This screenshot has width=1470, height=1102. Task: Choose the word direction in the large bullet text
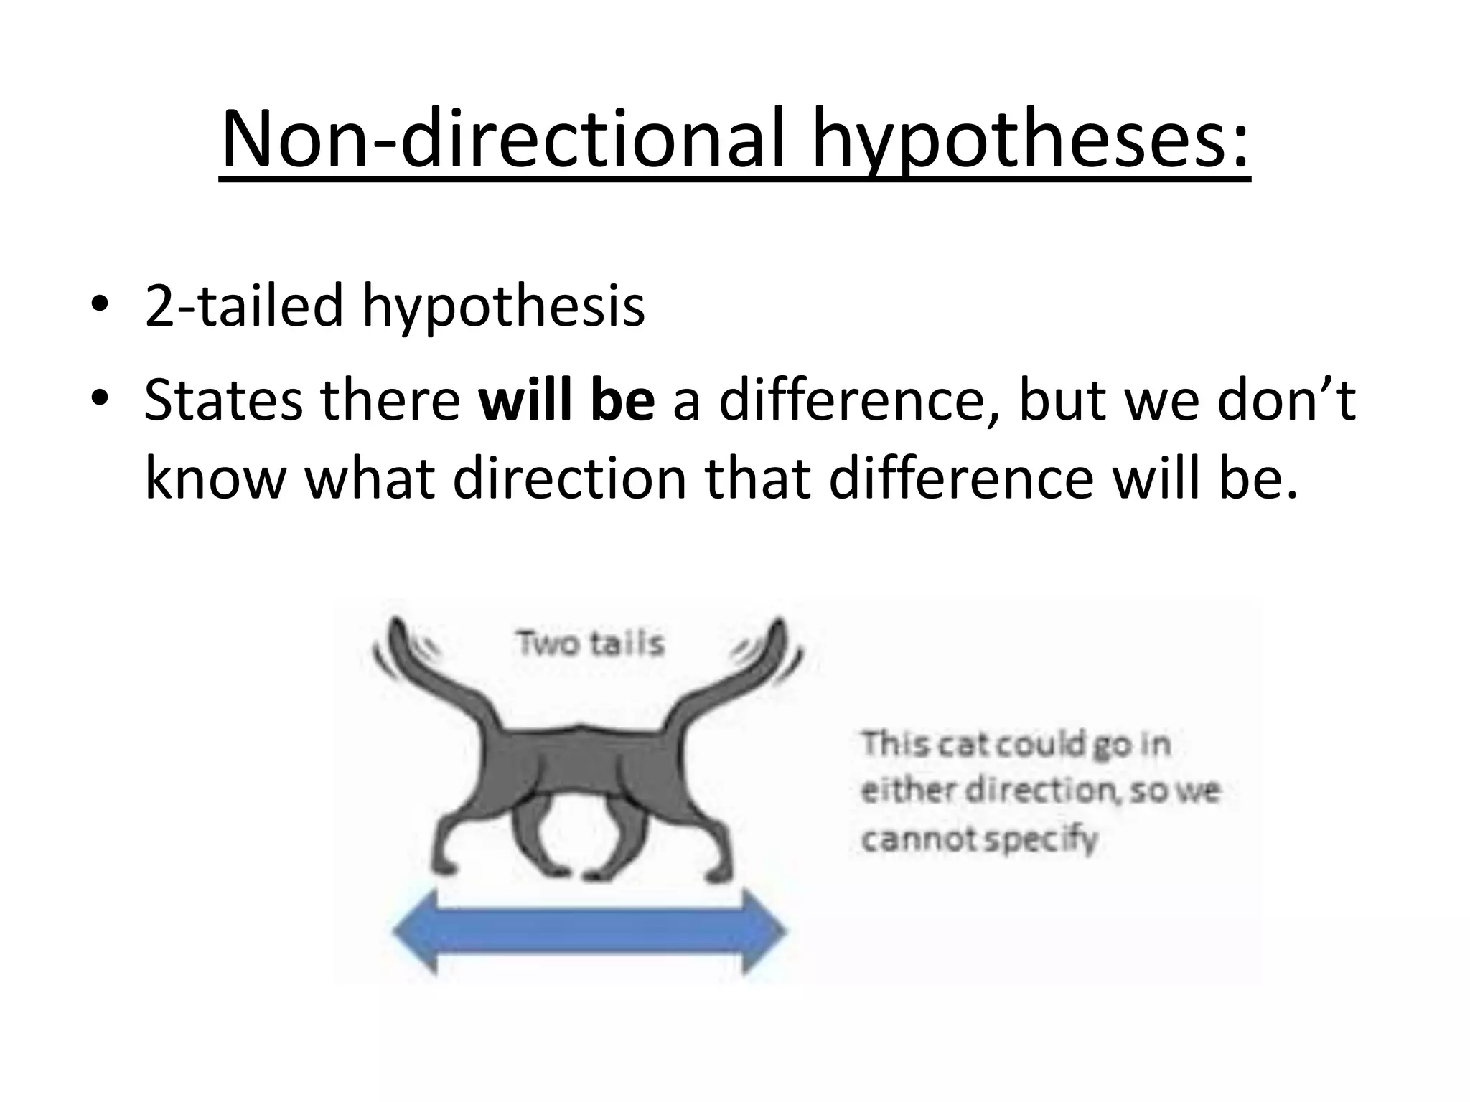(571, 479)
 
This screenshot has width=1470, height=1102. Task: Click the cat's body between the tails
(581, 760)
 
